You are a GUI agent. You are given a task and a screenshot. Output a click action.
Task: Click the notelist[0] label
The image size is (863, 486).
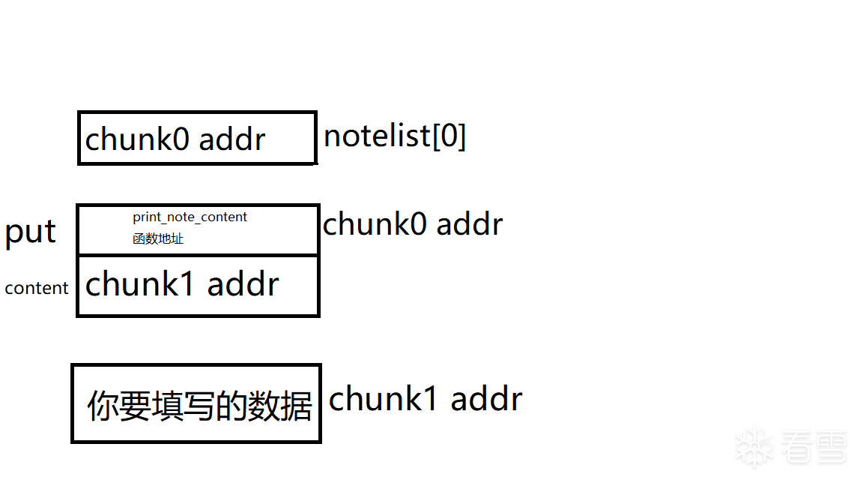(x=395, y=136)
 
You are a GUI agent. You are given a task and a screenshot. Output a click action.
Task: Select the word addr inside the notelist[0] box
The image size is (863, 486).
(x=232, y=139)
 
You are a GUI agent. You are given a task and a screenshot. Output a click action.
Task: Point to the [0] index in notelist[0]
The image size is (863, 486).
(x=449, y=136)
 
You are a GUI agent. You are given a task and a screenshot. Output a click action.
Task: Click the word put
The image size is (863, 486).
(x=30, y=232)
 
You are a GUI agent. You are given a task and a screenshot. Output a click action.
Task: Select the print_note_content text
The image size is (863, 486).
(x=190, y=217)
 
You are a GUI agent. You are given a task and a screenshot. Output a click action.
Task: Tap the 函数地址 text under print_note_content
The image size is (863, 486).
(x=158, y=239)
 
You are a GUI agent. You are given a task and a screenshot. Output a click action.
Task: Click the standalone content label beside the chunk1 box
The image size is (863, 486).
(x=37, y=288)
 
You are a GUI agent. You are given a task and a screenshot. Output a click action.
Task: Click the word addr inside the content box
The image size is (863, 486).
(x=243, y=285)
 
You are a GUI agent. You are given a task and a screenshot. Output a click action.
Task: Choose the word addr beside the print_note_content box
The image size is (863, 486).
(x=470, y=224)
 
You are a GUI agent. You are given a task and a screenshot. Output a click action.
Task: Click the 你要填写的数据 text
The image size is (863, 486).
(x=199, y=406)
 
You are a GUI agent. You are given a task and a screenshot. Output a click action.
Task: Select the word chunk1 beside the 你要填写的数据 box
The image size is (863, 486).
(x=383, y=399)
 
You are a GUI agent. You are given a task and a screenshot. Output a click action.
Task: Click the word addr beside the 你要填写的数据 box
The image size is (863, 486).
(x=486, y=399)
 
